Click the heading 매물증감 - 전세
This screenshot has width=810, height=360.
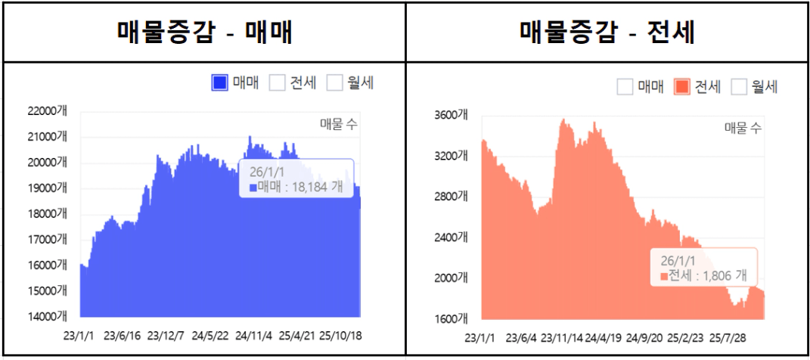(x=607, y=32)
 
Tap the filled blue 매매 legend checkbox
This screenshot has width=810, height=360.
(x=220, y=83)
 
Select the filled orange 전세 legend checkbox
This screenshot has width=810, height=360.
(x=681, y=87)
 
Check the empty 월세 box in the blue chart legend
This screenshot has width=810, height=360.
(x=334, y=83)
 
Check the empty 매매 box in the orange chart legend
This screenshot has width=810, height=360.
(x=625, y=87)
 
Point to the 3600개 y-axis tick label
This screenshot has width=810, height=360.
(x=452, y=115)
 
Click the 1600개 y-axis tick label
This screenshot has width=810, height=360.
(x=452, y=318)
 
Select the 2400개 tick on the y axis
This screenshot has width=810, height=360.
(x=452, y=237)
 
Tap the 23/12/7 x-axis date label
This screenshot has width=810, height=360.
(x=166, y=335)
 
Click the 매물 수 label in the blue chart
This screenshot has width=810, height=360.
(x=338, y=126)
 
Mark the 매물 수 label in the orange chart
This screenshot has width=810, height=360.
(x=743, y=128)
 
